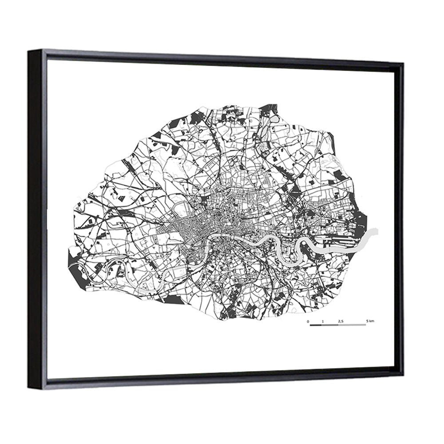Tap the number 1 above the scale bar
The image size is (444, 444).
(x=323, y=321)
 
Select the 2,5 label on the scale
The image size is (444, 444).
(x=341, y=321)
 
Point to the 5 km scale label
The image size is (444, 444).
(x=370, y=321)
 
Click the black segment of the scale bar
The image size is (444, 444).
(x=315, y=325)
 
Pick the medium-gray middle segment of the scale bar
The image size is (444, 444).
(x=330, y=325)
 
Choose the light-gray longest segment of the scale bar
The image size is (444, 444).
(x=353, y=325)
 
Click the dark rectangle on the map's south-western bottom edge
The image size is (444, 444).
(x=174, y=300)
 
